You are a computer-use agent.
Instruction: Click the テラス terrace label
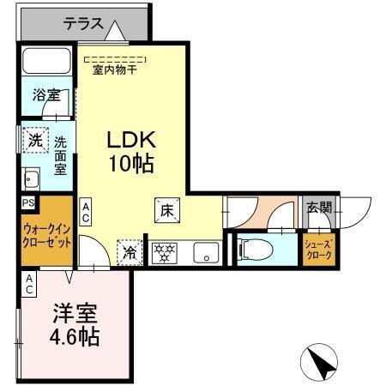82,25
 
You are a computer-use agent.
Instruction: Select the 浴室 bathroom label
46,95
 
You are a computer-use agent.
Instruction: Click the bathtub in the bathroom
48,62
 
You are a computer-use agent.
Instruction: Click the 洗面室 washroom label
61,156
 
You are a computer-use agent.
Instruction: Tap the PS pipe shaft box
28,203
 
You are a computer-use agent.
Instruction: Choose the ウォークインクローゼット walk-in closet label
46,234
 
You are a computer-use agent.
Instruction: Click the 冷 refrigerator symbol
129,252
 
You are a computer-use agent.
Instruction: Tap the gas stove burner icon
164,253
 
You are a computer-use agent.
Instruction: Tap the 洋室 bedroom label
71,310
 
